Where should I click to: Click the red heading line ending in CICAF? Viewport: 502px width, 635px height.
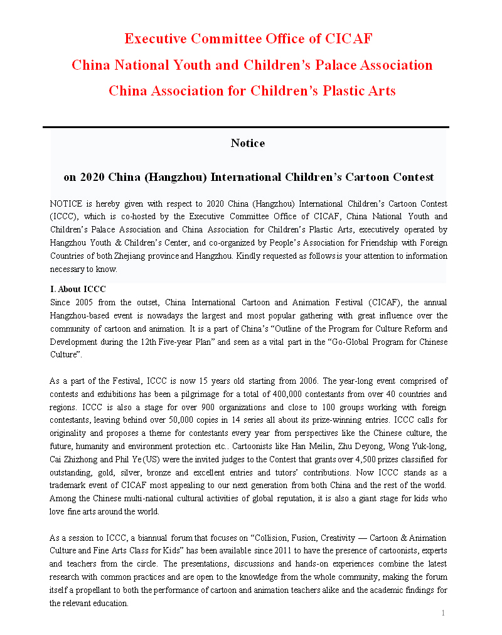pyautogui.click(x=248, y=39)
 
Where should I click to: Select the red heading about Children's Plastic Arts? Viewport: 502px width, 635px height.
pyautogui.click(x=252, y=90)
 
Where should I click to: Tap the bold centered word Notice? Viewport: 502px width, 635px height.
pyautogui.click(x=248, y=143)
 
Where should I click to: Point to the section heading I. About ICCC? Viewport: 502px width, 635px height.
pyautogui.click(x=78, y=290)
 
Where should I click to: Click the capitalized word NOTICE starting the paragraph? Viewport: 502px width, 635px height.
pyautogui.click(x=64, y=204)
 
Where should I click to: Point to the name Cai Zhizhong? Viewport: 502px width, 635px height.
pyautogui.click(x=72, y=460)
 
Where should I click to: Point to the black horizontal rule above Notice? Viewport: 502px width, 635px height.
pyautogui.click(x=245, y=127)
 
